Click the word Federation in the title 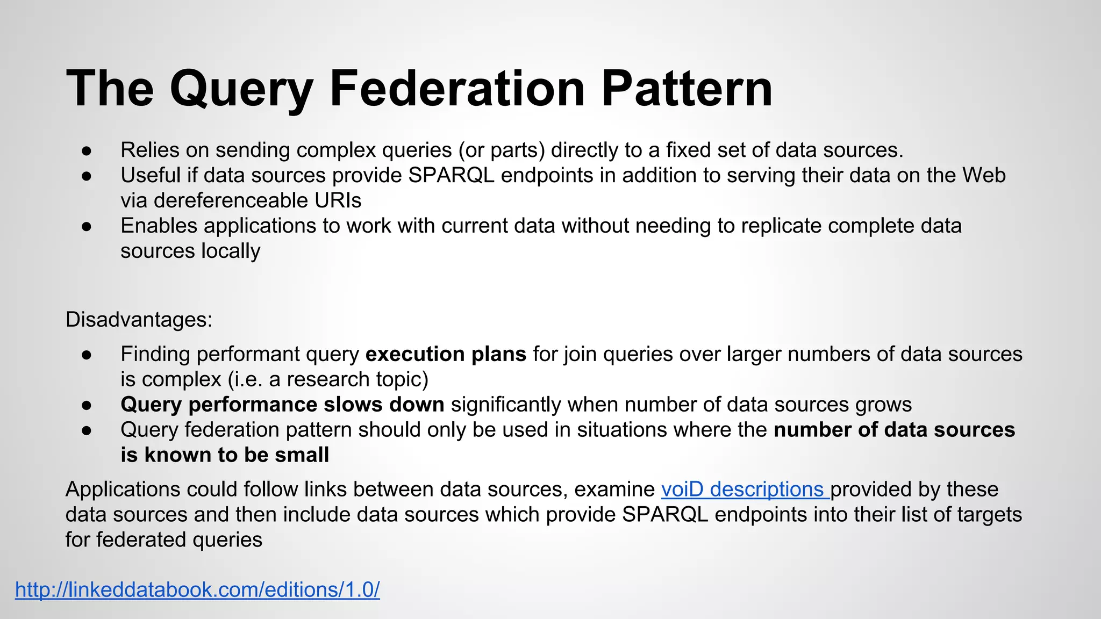[x=457, y=89]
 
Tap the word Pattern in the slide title [x=687, y=89]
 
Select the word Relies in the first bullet [x=150, y=150]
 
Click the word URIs [x=338, y=200]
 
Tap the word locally [x=231, y=251]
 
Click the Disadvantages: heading [x=139, y=320]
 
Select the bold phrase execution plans [x=446, y=354]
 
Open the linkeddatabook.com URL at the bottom [x=197, y=590]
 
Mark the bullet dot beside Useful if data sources [x=88, y=176]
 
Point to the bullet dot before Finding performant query [x=88, y=355]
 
